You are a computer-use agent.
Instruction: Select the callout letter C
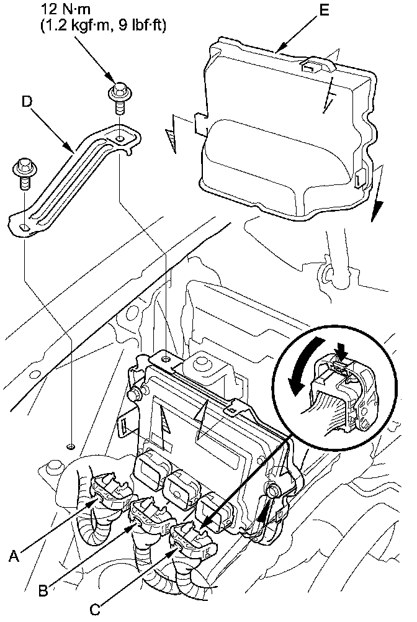point(94,610)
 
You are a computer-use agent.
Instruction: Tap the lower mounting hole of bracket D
point(24,227)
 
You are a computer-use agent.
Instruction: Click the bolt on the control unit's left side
point(133,393)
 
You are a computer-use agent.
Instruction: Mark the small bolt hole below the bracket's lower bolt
point(70,446)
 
